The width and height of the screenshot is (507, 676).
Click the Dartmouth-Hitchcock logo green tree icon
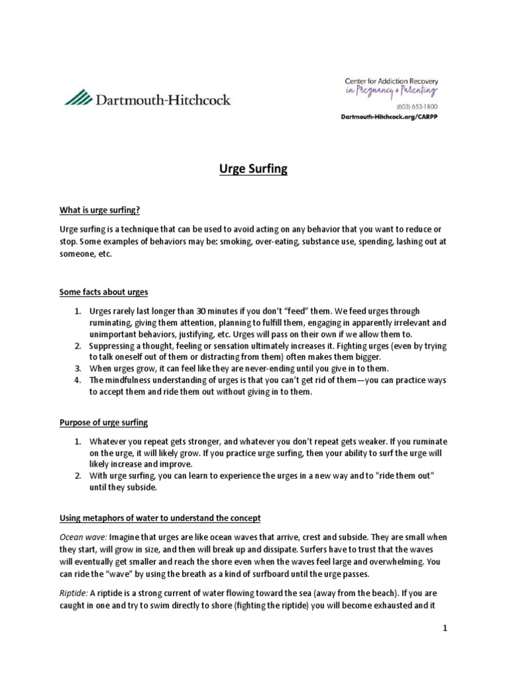(x=79, y=99)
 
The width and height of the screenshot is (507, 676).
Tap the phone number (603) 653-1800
(x=416, y=106)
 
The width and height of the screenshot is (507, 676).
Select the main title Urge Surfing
(x=253, y=170)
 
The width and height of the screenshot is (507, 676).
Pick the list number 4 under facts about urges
(x=77, y=380)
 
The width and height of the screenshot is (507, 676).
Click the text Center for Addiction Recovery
(x=391, y=80)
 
